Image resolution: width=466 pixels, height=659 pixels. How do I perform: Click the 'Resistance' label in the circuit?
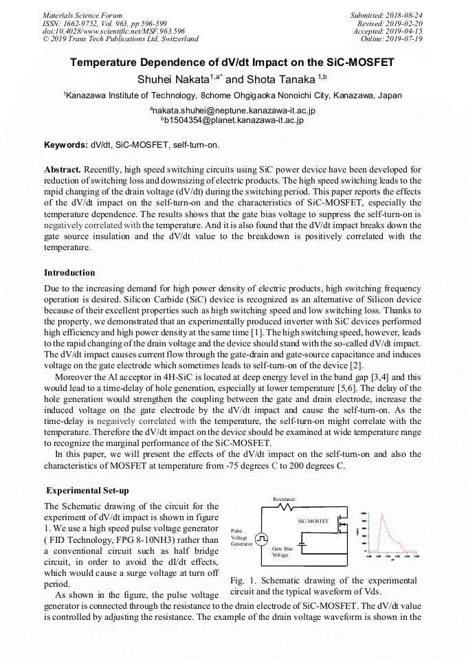tap(284, 499)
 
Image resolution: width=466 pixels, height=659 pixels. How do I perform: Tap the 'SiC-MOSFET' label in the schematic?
tap(313, 522)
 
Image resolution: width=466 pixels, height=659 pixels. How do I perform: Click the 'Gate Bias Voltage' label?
tap(281, 551)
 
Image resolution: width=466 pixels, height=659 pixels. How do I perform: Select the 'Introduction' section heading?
tap(69, 273)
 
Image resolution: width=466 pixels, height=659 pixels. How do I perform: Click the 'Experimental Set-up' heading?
tap(87, 491)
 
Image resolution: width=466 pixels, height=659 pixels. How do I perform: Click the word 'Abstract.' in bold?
tap(63, 169)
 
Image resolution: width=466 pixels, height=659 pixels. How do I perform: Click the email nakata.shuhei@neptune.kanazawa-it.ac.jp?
tap(234, 110)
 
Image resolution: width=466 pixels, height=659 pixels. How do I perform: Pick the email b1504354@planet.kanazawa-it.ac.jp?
tap(234, 120)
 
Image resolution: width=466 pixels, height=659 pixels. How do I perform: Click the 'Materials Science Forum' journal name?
tap(82, 15)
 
